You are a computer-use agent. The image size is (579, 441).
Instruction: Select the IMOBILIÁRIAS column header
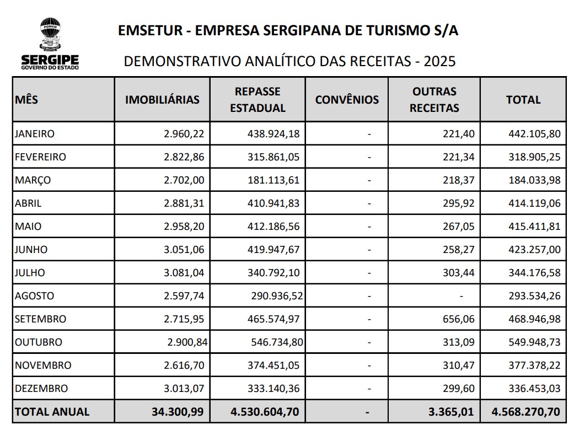click(x=162, y=100)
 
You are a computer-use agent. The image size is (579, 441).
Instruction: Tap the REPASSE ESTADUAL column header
click(x=258, y=100)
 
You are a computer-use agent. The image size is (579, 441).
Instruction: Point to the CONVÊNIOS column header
click(x=347, y=100)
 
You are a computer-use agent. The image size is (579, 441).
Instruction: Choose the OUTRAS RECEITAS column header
click(x=434, y=100)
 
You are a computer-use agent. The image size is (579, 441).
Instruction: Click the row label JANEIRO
click(x=35, y=133)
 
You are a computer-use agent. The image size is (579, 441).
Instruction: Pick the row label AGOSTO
click(x=35, y=296)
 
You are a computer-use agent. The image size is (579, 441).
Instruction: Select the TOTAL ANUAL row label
click(x=52, y=412)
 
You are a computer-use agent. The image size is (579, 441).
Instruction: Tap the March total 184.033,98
click(x=534, y=180)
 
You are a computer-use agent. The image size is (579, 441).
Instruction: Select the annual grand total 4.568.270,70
click(x=526, y=412)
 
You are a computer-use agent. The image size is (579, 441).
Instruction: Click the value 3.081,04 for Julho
click(x=184, y=273)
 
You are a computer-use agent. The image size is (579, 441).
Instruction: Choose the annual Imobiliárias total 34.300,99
click(x=178, y=412)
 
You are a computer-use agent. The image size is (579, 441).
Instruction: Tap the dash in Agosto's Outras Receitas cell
click(x=462, y=296)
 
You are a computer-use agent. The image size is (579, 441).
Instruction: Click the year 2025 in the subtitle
click(x=439, y=61)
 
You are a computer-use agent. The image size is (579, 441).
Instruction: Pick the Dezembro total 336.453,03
click(x=534, y=389)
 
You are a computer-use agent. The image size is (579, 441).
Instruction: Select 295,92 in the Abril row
click(x=459, y=203)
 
